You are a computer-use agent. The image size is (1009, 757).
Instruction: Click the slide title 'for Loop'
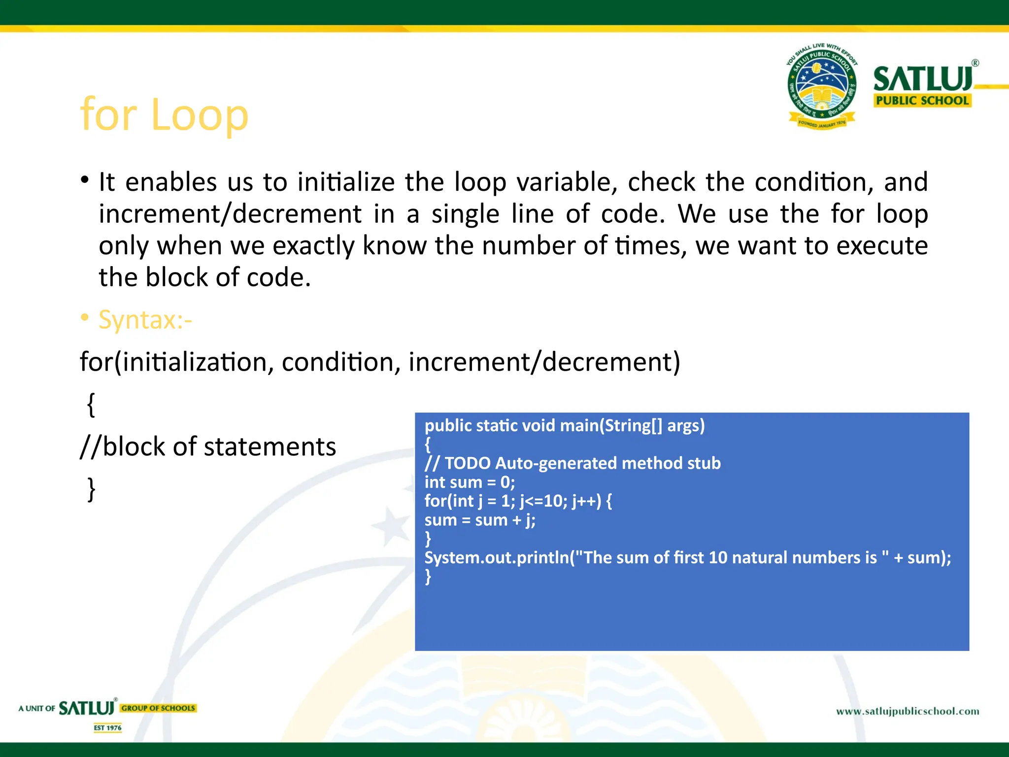(164, 115)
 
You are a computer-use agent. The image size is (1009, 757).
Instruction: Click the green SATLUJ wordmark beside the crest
(923, 79)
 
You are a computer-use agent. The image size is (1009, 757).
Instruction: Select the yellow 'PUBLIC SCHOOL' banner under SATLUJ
(922, 101)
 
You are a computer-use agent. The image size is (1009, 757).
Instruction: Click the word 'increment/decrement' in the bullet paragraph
(230, 214)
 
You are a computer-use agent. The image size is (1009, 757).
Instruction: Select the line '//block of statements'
(208, 447)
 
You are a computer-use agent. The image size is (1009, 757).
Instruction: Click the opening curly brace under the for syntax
(91, 405)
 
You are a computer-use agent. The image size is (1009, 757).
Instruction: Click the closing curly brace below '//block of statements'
(91, 489)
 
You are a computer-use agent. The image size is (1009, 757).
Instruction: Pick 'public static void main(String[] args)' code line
(565, 425)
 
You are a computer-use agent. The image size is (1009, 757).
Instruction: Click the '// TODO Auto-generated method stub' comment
(572, 463)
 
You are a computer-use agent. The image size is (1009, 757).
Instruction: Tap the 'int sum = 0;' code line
(470, 482)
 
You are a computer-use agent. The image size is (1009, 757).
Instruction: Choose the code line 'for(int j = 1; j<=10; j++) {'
(518, 501)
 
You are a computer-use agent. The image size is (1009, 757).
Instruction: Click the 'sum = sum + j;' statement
(480, 520)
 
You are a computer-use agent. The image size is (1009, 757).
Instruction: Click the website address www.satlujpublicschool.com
(908, 711)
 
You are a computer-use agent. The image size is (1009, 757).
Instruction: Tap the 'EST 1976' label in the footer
(108, 728)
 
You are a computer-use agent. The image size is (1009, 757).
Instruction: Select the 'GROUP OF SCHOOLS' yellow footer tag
(158, 708)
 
